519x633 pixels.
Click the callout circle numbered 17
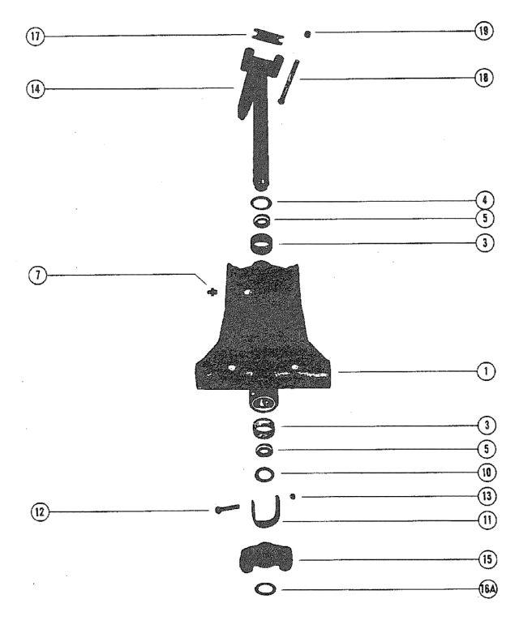(x=35, y=36)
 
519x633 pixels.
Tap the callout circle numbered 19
(x=483, y=31)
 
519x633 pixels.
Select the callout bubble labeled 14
(x=35, y=88)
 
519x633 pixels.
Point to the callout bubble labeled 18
(x=483, y=77)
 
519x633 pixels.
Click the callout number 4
(x=485, y=200)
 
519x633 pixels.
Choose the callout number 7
(x=37, y=276)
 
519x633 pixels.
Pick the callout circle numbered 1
(x=486, y=371)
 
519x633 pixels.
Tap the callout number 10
(x=487, y=473)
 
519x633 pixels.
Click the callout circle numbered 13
(x=487, y=496)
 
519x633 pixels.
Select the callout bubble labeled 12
(x=40, y=512)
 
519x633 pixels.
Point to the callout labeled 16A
(x=488, y=589)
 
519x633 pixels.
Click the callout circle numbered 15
(x=487, y=559)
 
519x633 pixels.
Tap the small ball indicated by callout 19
(x=307, y=34)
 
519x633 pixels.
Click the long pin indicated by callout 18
(x=289, y=82)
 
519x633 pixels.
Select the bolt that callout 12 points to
(x=227, y=509)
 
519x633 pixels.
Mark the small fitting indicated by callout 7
(x=211, y=292)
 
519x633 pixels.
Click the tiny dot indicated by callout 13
(x=293, y=496)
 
